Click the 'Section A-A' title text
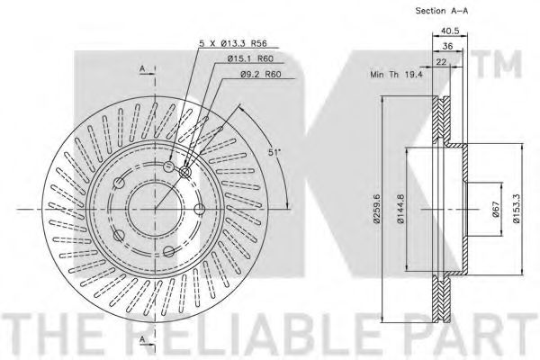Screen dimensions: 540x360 coord(442,11)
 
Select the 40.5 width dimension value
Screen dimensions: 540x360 coord(450,31)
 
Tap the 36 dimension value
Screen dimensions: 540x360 coord(447,46)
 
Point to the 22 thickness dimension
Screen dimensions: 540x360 coord(441,62)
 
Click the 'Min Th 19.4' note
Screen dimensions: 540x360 coord(396,74)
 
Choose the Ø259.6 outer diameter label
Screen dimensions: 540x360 coord(376,209)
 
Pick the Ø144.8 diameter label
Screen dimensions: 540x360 coord(400,209)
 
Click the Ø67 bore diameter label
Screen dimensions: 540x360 coord(496,209)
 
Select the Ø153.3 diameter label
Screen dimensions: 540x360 coord(516,209)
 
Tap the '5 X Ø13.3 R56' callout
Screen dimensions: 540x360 coord(233,43)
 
